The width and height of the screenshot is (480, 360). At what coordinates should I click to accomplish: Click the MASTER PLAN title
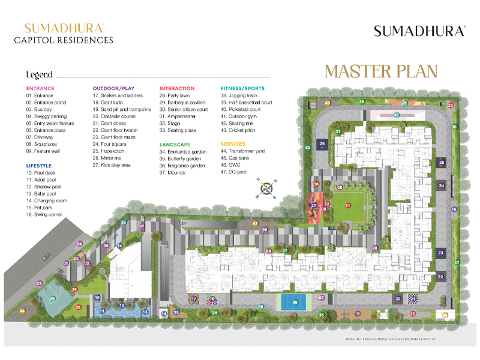[381, 71]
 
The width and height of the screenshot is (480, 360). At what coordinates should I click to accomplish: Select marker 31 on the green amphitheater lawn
[347, 205]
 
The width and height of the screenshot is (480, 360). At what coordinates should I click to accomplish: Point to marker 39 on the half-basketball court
[53, 298]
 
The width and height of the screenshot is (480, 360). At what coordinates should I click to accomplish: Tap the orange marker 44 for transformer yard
[22, 311]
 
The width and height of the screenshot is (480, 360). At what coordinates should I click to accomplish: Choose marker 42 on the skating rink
[396, 114]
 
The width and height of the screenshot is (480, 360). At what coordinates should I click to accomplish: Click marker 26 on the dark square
[322, 144]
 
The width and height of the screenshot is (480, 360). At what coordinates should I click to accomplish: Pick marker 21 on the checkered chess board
[412, 298]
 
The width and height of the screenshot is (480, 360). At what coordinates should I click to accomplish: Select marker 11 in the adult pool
[103, 311]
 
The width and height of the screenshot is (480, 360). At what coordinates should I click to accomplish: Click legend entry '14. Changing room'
[46, 200]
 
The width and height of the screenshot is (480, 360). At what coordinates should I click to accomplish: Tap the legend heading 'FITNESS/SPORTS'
[242, 88]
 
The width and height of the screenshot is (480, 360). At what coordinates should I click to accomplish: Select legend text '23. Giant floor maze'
[118, 137]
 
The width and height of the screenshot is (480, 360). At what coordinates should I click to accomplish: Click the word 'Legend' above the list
[39, 75]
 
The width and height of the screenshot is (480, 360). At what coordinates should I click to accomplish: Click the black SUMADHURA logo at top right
[419, 31]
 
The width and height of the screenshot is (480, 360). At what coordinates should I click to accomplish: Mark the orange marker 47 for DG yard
[255, 223]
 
